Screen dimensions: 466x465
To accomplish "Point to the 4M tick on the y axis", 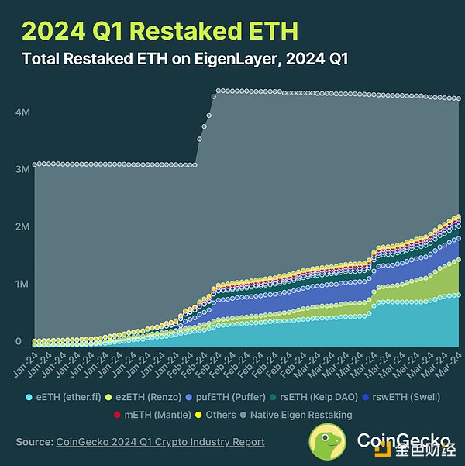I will [22, 112].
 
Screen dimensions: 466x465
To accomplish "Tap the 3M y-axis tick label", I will [22, 169].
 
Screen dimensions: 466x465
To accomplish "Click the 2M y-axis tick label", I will [22, 227].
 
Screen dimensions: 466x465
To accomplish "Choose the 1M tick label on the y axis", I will [22, 285].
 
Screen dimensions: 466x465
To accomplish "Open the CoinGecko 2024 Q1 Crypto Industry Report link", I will [160, 442].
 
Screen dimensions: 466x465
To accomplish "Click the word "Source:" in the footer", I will [33, 442].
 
